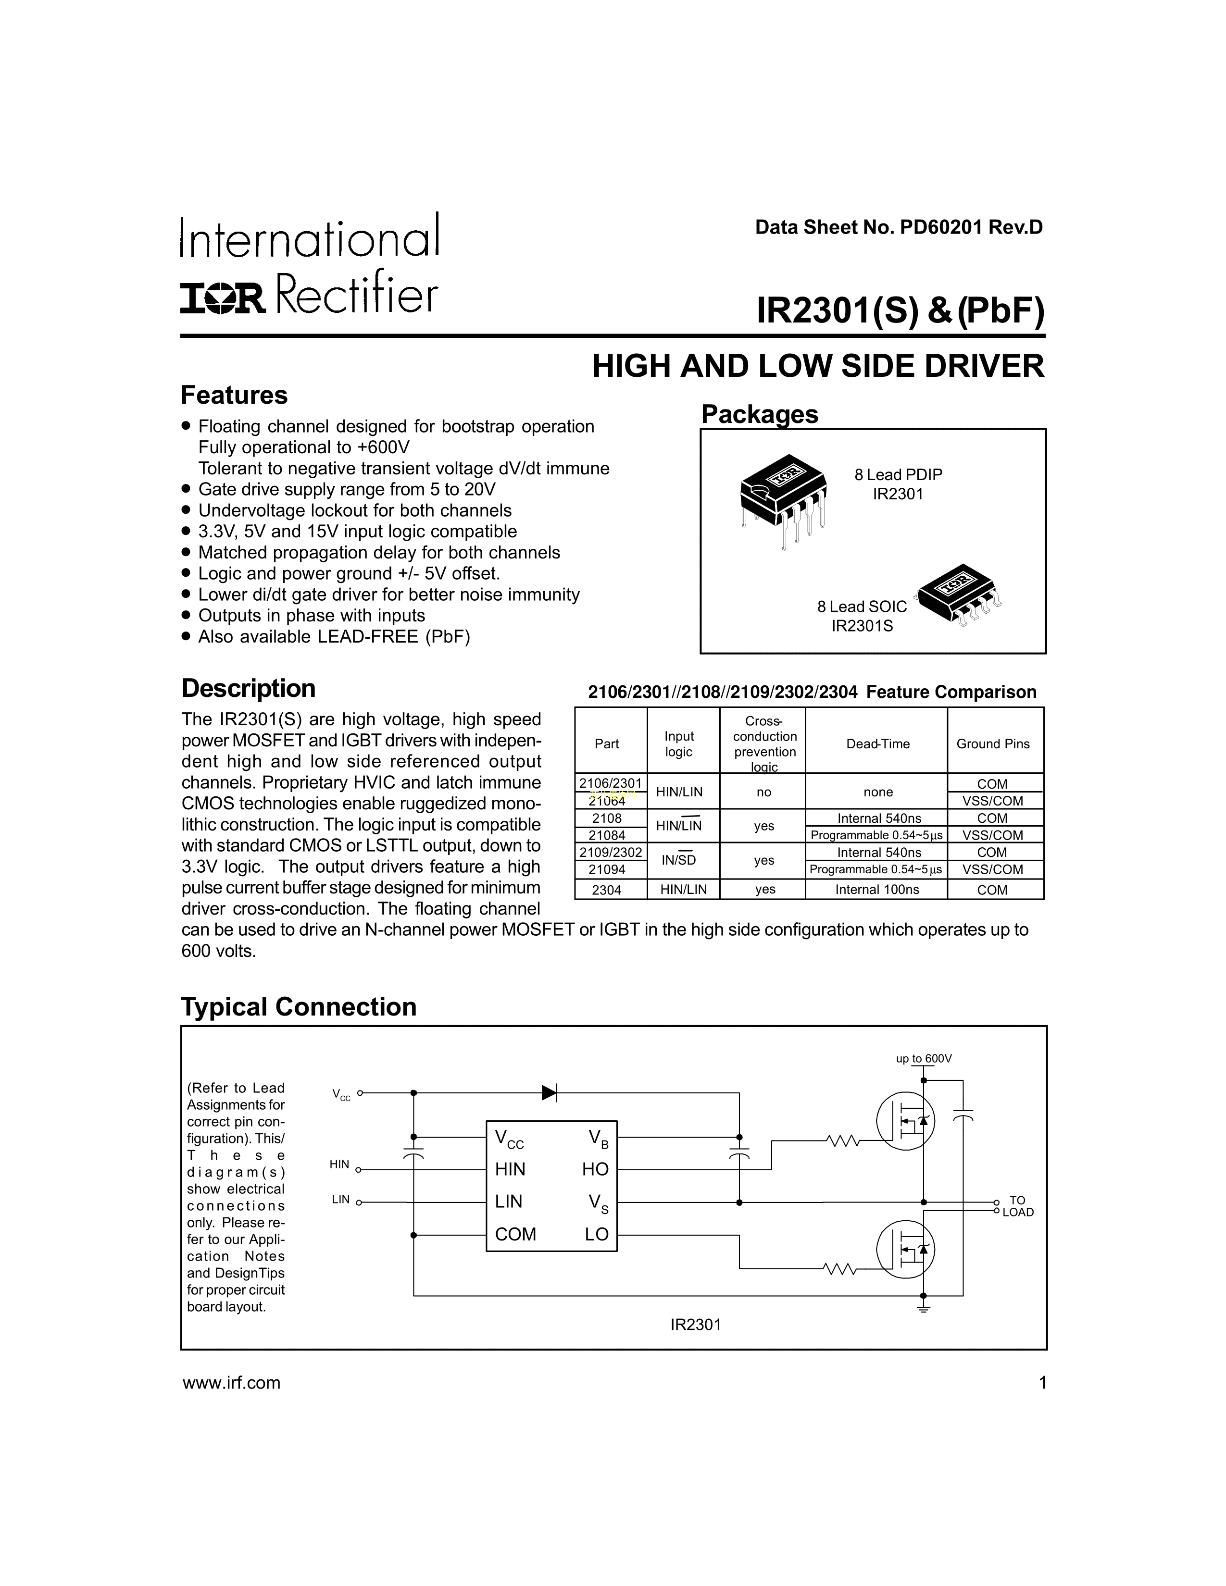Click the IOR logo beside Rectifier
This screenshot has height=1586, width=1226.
tap(223, 298)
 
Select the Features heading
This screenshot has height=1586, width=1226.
tap(234, 395)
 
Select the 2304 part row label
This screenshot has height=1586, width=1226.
tap(606, 890)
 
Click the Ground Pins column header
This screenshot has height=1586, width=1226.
tap(993, 743)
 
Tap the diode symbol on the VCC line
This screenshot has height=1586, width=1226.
tap(550, 1092)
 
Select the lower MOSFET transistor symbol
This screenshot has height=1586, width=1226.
tap(905, 1249)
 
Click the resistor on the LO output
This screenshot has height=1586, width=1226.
tap(841, 1269)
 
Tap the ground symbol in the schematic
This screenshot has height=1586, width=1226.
tap(924, 1308)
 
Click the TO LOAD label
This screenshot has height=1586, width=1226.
tap(1017, 1206)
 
